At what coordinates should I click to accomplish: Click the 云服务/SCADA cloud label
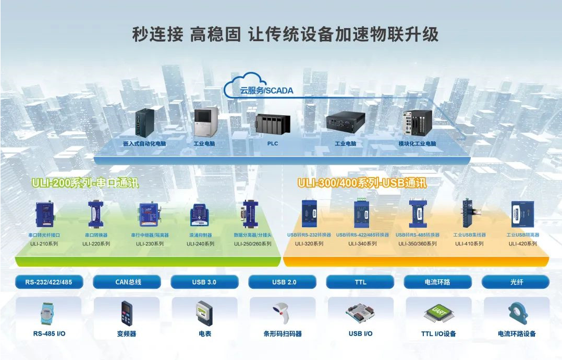266,90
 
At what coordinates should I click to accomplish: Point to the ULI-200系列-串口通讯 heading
85,183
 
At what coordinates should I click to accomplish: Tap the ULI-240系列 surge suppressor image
200,215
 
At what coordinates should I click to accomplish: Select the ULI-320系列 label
309,243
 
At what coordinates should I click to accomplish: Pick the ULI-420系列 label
522,243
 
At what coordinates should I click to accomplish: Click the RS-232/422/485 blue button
49,282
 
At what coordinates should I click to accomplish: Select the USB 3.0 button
204,282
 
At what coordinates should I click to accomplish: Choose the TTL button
360,282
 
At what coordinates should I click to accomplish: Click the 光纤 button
516,282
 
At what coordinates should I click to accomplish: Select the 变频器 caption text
127,333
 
